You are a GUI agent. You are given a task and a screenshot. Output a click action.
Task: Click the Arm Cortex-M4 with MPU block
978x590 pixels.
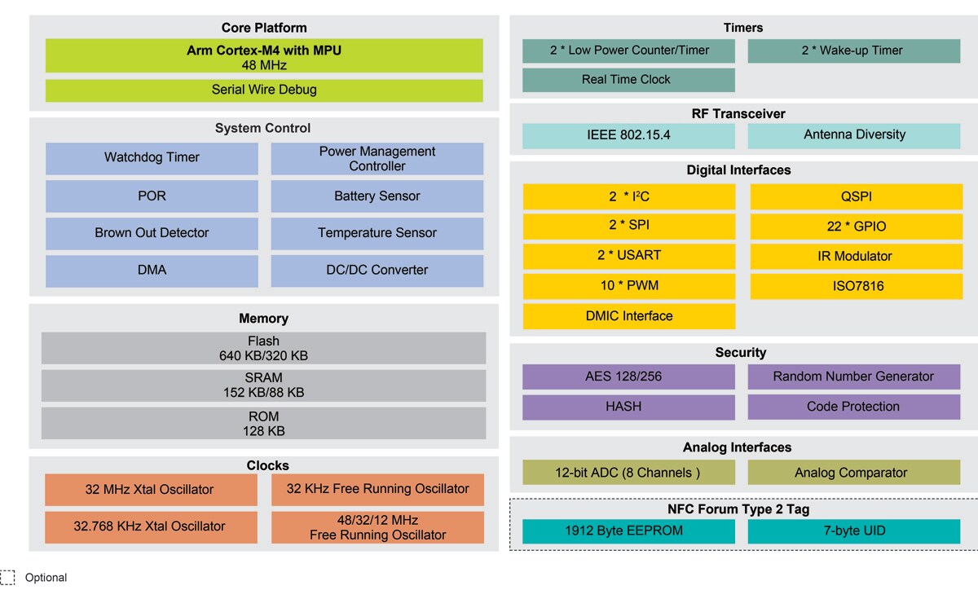[264, 56]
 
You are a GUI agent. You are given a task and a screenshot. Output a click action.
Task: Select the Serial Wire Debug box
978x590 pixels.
[264, 90]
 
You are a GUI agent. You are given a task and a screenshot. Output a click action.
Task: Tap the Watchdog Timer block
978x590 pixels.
[152, 158]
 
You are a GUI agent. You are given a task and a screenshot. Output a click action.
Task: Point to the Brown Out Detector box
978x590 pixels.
[152, 233]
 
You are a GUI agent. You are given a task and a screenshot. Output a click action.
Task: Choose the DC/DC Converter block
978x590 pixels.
[377, 271]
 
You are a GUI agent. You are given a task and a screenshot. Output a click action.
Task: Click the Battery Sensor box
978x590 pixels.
[377, 196]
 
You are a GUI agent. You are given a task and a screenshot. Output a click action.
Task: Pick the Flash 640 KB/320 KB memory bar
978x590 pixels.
[263, 348]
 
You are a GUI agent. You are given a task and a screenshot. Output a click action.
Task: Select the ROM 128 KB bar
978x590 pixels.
[263, 424]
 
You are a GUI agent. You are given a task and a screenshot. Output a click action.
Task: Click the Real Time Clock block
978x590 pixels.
[628, 80]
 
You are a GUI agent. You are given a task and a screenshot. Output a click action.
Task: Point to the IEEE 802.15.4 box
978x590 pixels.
[628, 135]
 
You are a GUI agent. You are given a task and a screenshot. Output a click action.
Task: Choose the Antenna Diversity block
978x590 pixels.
[854, 135]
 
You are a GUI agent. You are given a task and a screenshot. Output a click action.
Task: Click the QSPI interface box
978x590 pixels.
[856, 197]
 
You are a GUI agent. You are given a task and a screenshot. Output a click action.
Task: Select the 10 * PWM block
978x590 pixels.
[628, 286]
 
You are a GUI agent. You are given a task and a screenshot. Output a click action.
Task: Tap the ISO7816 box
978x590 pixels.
[856, 286]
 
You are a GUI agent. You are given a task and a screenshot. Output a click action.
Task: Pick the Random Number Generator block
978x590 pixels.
[853, 376]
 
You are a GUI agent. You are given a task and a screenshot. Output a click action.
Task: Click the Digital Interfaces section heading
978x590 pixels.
[738, 170]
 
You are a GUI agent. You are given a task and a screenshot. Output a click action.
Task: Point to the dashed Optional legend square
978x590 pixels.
[8, 577]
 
